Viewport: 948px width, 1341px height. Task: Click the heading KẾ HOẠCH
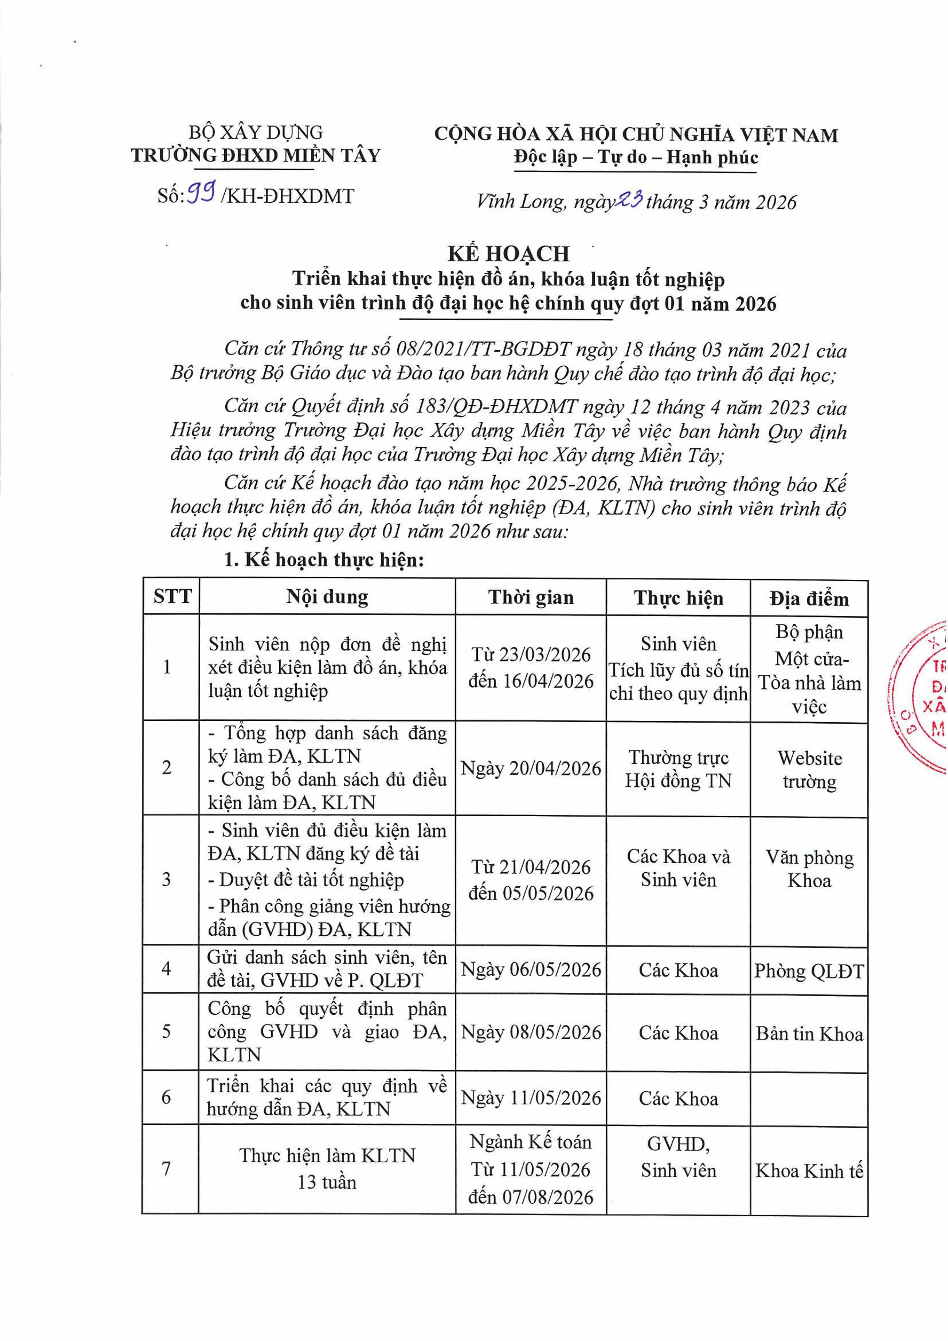[508, 254]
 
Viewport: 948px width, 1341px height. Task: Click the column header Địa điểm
[809, 598]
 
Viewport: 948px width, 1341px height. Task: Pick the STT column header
[172, 597]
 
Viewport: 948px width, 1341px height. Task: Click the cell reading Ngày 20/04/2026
[531, 768]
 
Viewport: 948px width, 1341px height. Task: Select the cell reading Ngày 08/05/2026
[531, 1033]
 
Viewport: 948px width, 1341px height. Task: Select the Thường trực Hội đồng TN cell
[678, 768]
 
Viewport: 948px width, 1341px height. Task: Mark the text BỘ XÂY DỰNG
[256, 133]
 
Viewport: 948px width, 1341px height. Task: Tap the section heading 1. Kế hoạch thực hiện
[324, 560]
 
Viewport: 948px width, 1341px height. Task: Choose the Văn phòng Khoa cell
[809, 869]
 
